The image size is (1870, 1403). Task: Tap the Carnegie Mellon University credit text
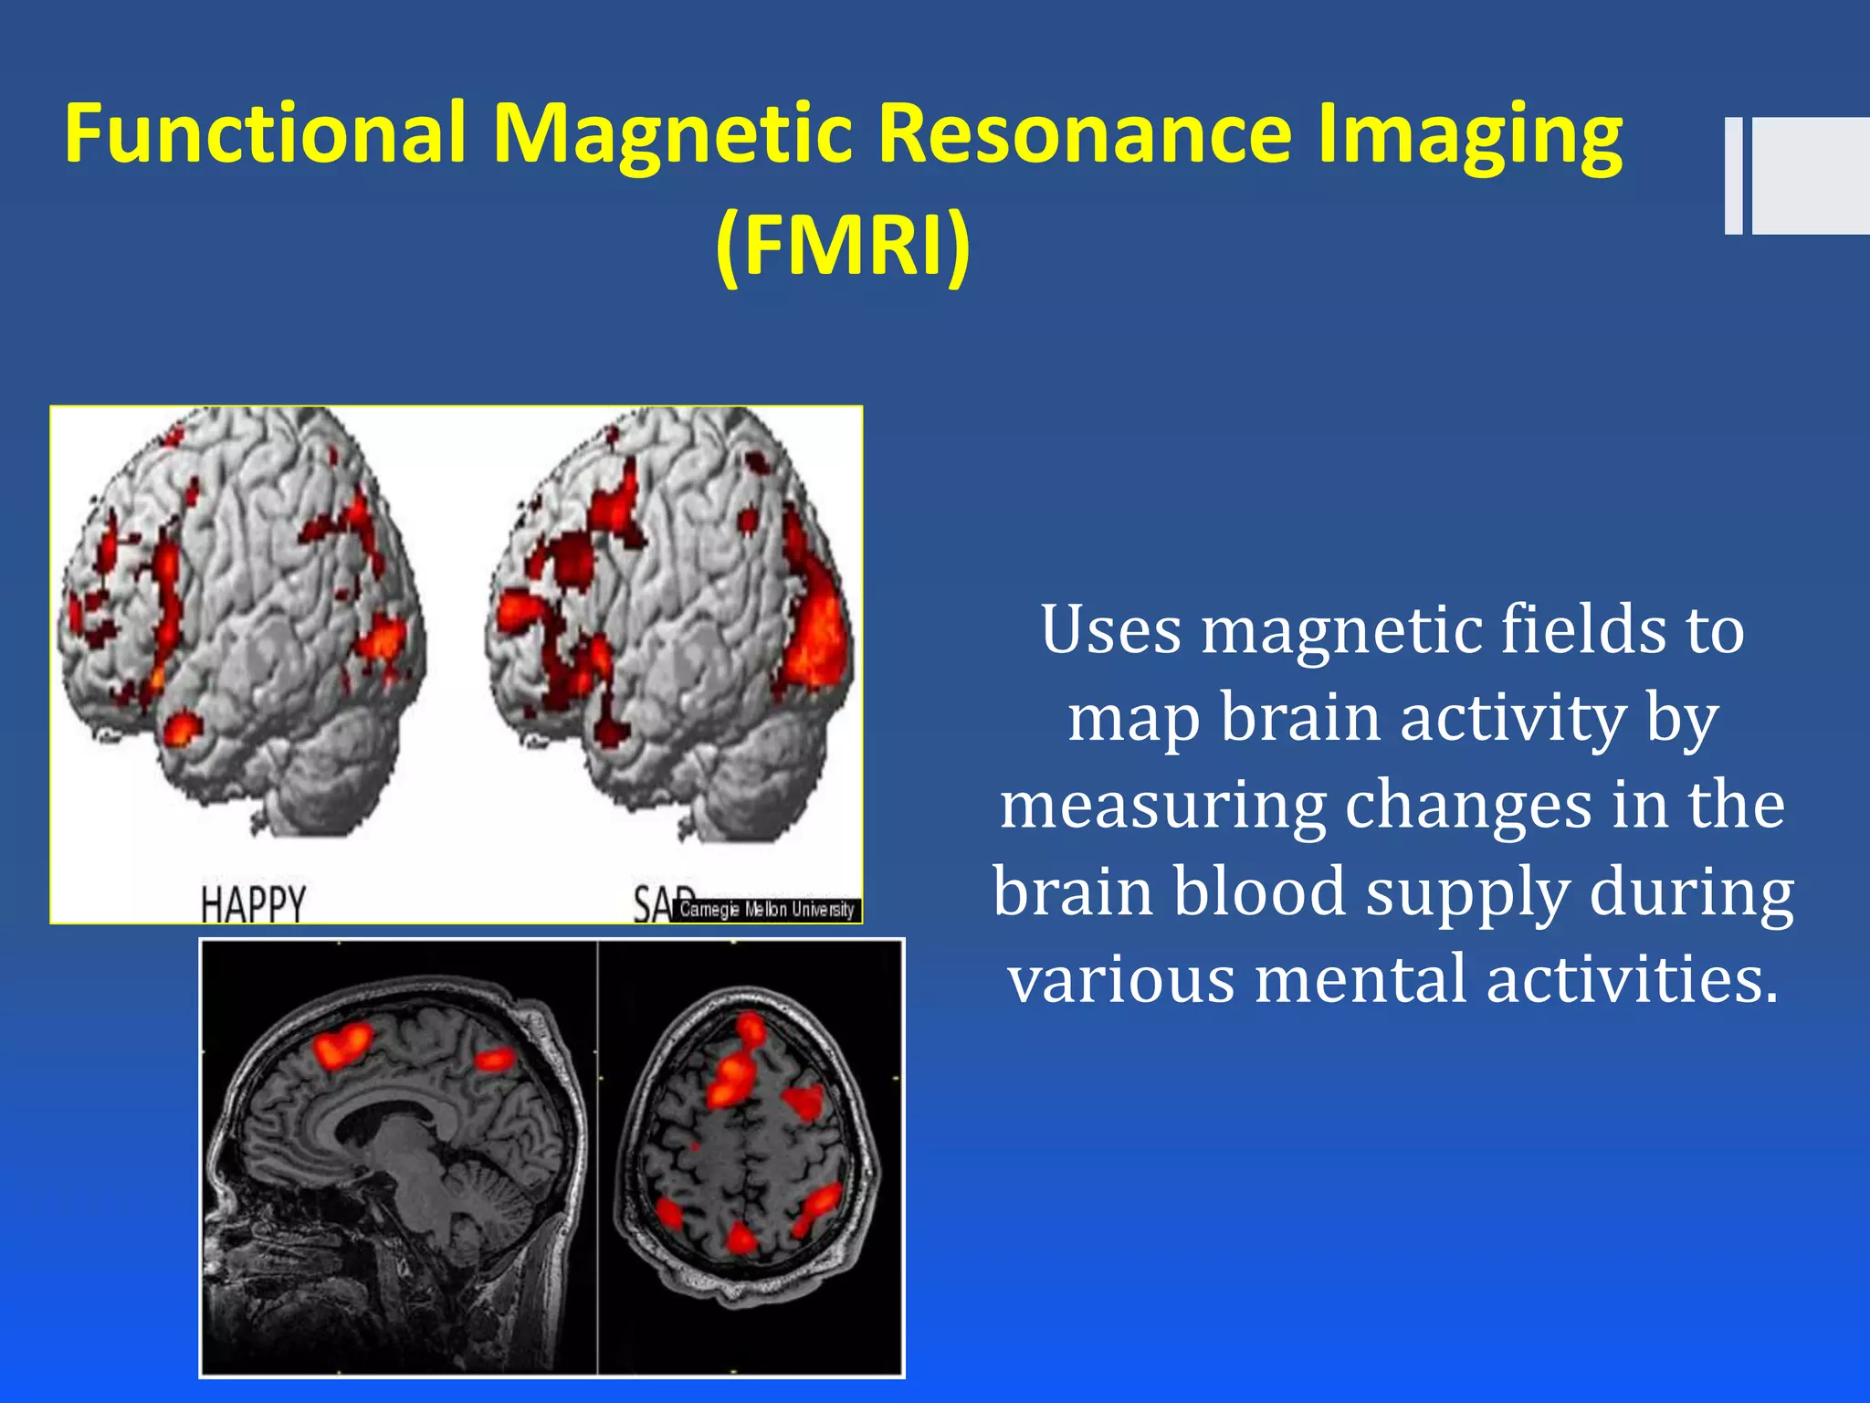(x=766, y=910)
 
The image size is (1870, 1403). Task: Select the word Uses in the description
(x=1108, y=630)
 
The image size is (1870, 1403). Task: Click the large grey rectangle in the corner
(x=1811, y=175)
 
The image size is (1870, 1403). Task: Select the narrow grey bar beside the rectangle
(x=1733, y=175)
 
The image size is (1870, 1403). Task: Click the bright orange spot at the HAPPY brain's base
(x=181, y=728)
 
